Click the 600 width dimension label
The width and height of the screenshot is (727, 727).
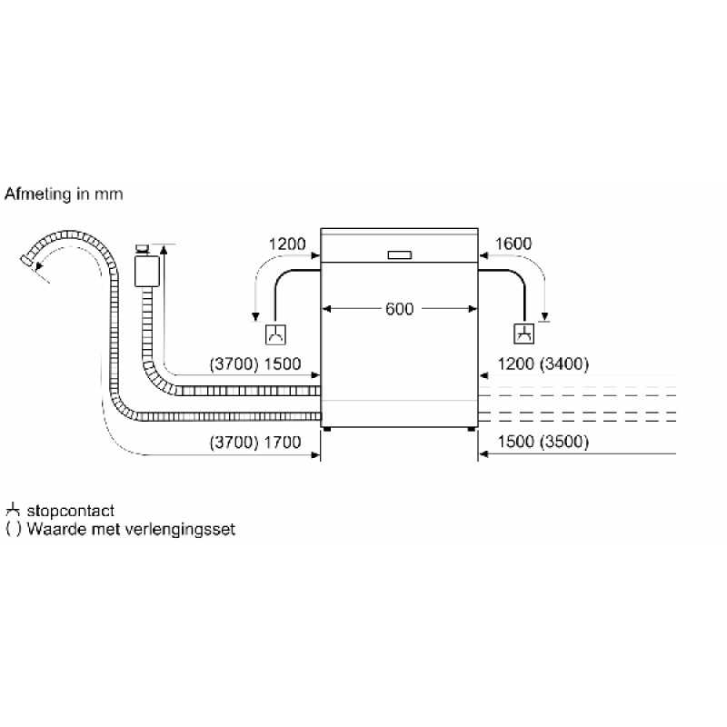pyautogui.click(x=399, y=309)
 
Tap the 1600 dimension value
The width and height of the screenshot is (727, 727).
pyautogui.click(x=513, y=244)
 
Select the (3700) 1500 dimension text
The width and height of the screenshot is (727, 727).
pyautogui.click(x=255, y=364)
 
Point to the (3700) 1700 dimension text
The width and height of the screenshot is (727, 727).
pyautogui.click(x=255, y=443)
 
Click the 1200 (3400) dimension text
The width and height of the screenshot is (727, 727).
pyautogui.click(x=543, y=364)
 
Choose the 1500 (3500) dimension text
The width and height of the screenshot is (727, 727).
pyautogui.click(x=543, y=442)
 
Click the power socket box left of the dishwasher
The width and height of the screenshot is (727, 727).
pyautogui.click(x=275, y=334)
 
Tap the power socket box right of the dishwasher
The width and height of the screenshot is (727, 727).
pyautogui.click(x=524, y=334)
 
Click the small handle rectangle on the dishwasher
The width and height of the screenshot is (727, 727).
pyautogui.click(x=400, y=255)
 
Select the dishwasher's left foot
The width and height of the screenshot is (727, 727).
pyautogui.click(x=327, y=429)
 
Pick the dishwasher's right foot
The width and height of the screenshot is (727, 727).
pyautogui.click(x=472, y=429)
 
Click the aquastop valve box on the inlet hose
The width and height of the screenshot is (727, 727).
pyautogui.click(x=147, y=271)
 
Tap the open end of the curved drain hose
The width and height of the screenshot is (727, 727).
pyautogui.click(x=27, y=261)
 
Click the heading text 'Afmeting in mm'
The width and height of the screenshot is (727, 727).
pyautogui.click(x=64, y=194)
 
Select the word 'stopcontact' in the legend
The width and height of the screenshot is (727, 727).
pyautogui.click(x=71, y=511)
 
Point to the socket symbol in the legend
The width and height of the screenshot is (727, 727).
pyautogui.click(x=13, y=510)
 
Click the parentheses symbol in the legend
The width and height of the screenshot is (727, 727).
pyautogui.click(x=14, y=529)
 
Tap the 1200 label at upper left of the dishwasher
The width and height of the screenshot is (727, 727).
pyautogui.click(x=287, y=244)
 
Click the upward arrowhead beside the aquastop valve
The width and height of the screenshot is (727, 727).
pyautogui.click(x=164, y=251)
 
